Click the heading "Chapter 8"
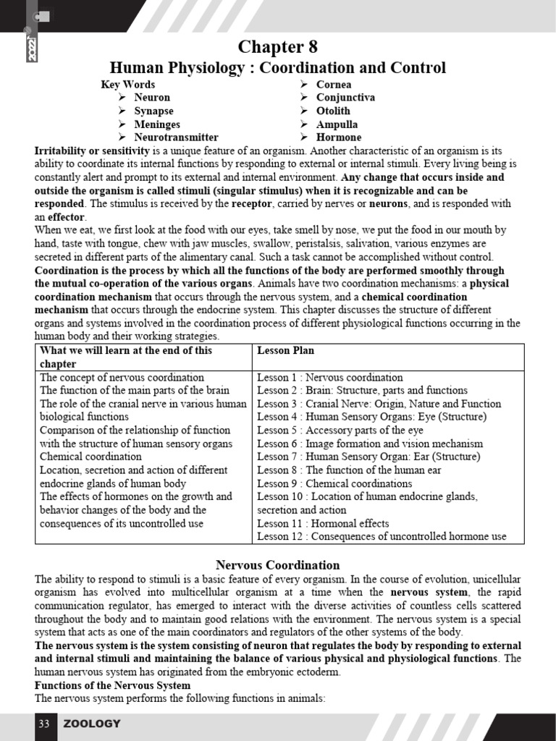point(278,47)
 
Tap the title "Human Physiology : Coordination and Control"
point(278,68)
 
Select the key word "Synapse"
point(153,111)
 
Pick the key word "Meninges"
point(156,124)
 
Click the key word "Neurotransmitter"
point(176,137)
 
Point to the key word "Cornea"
point(334,84)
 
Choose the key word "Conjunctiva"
point(345,97)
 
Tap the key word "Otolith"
point(333,111)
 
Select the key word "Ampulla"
point(337,124)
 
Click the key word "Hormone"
point(339,137)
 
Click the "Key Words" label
point(127,84)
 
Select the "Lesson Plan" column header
point(285,350)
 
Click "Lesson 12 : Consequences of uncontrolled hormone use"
point(382,536)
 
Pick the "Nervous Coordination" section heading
point(278,564)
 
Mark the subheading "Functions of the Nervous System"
point(113,685)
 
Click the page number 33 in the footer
point(43,724)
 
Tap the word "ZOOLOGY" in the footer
point(92,724)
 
